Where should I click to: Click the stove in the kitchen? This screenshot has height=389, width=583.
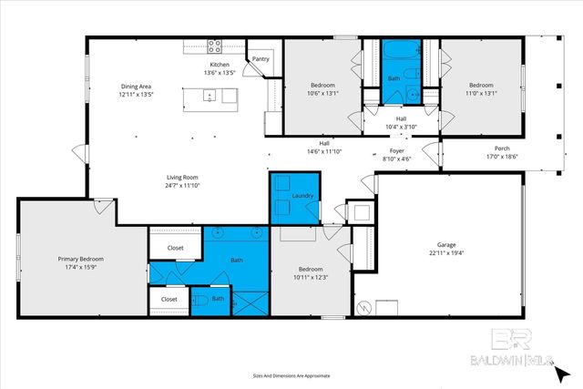coord(216,45)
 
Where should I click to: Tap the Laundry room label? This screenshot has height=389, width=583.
coord(302,196)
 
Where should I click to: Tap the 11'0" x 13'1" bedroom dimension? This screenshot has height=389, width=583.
coord(481,93)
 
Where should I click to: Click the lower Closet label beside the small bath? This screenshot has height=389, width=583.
coord(169,299)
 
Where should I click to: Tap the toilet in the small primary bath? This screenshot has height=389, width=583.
coord(199,298)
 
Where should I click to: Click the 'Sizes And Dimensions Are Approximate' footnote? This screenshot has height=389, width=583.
coord(291,374)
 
